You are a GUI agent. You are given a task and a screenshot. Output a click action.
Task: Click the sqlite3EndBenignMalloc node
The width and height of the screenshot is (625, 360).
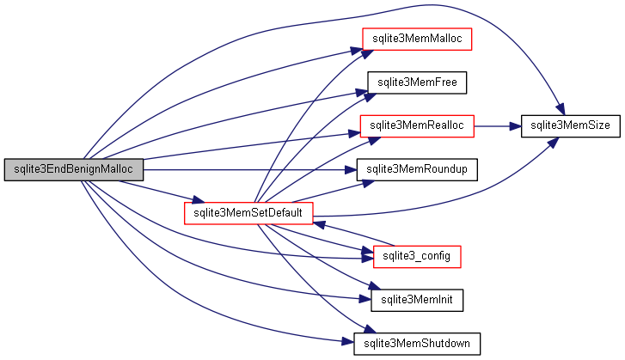coord(73,169)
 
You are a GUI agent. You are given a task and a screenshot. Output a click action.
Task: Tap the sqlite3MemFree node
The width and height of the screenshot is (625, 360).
coord(416,82)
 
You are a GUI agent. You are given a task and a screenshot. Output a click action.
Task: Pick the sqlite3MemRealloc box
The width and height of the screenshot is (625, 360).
coord(416,125)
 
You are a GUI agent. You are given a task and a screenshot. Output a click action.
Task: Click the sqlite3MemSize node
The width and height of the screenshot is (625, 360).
coord(570,125)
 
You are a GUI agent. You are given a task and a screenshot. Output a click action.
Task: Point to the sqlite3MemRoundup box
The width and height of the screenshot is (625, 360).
coord(416,169)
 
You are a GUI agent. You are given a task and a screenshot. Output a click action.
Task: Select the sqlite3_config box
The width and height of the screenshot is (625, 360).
coord(416,256)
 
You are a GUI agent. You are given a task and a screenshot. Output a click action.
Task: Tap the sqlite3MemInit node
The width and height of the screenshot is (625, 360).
coord(416,300)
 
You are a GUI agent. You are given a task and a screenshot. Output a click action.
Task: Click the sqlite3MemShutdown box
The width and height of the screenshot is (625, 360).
coord(416,343)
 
